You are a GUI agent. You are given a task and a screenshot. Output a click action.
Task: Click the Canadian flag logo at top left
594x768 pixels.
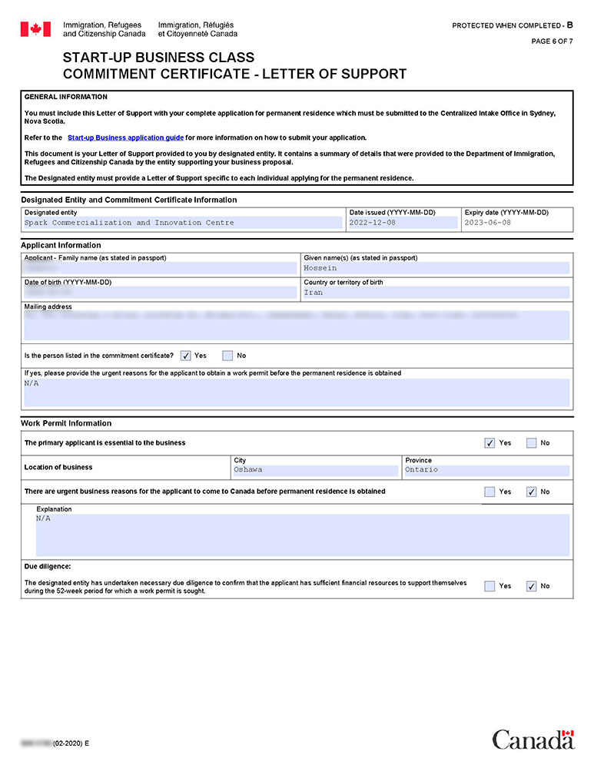pos(35,29)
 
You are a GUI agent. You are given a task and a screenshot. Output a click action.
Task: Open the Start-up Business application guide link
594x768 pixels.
pos(125,137)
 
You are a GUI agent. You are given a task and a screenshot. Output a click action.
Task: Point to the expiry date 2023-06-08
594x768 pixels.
pos(487,223)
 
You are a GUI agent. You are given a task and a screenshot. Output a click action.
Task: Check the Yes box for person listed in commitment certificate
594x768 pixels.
pos(186,356)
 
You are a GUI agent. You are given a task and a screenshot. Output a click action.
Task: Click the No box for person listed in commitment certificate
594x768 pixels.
pos(227,356)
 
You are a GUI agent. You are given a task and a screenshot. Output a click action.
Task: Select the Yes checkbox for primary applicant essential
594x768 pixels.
pos(489,443)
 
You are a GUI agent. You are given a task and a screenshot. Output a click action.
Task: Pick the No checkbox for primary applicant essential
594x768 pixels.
pos(532,443)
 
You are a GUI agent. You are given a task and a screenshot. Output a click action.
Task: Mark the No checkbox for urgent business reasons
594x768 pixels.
pos(532,492)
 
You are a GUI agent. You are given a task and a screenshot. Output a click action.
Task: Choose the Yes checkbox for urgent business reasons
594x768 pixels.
pos(489,492)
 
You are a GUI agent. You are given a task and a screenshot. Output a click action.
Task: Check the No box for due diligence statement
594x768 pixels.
pos(532,586)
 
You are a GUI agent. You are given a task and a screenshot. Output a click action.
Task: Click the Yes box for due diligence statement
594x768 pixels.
pos(489,586)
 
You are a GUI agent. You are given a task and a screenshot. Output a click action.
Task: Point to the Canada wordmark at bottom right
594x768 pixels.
pos(533,740)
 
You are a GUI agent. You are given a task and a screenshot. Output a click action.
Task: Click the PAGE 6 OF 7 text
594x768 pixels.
pos(552,41)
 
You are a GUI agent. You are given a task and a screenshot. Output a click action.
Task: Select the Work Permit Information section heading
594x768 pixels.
pos(66,423)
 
